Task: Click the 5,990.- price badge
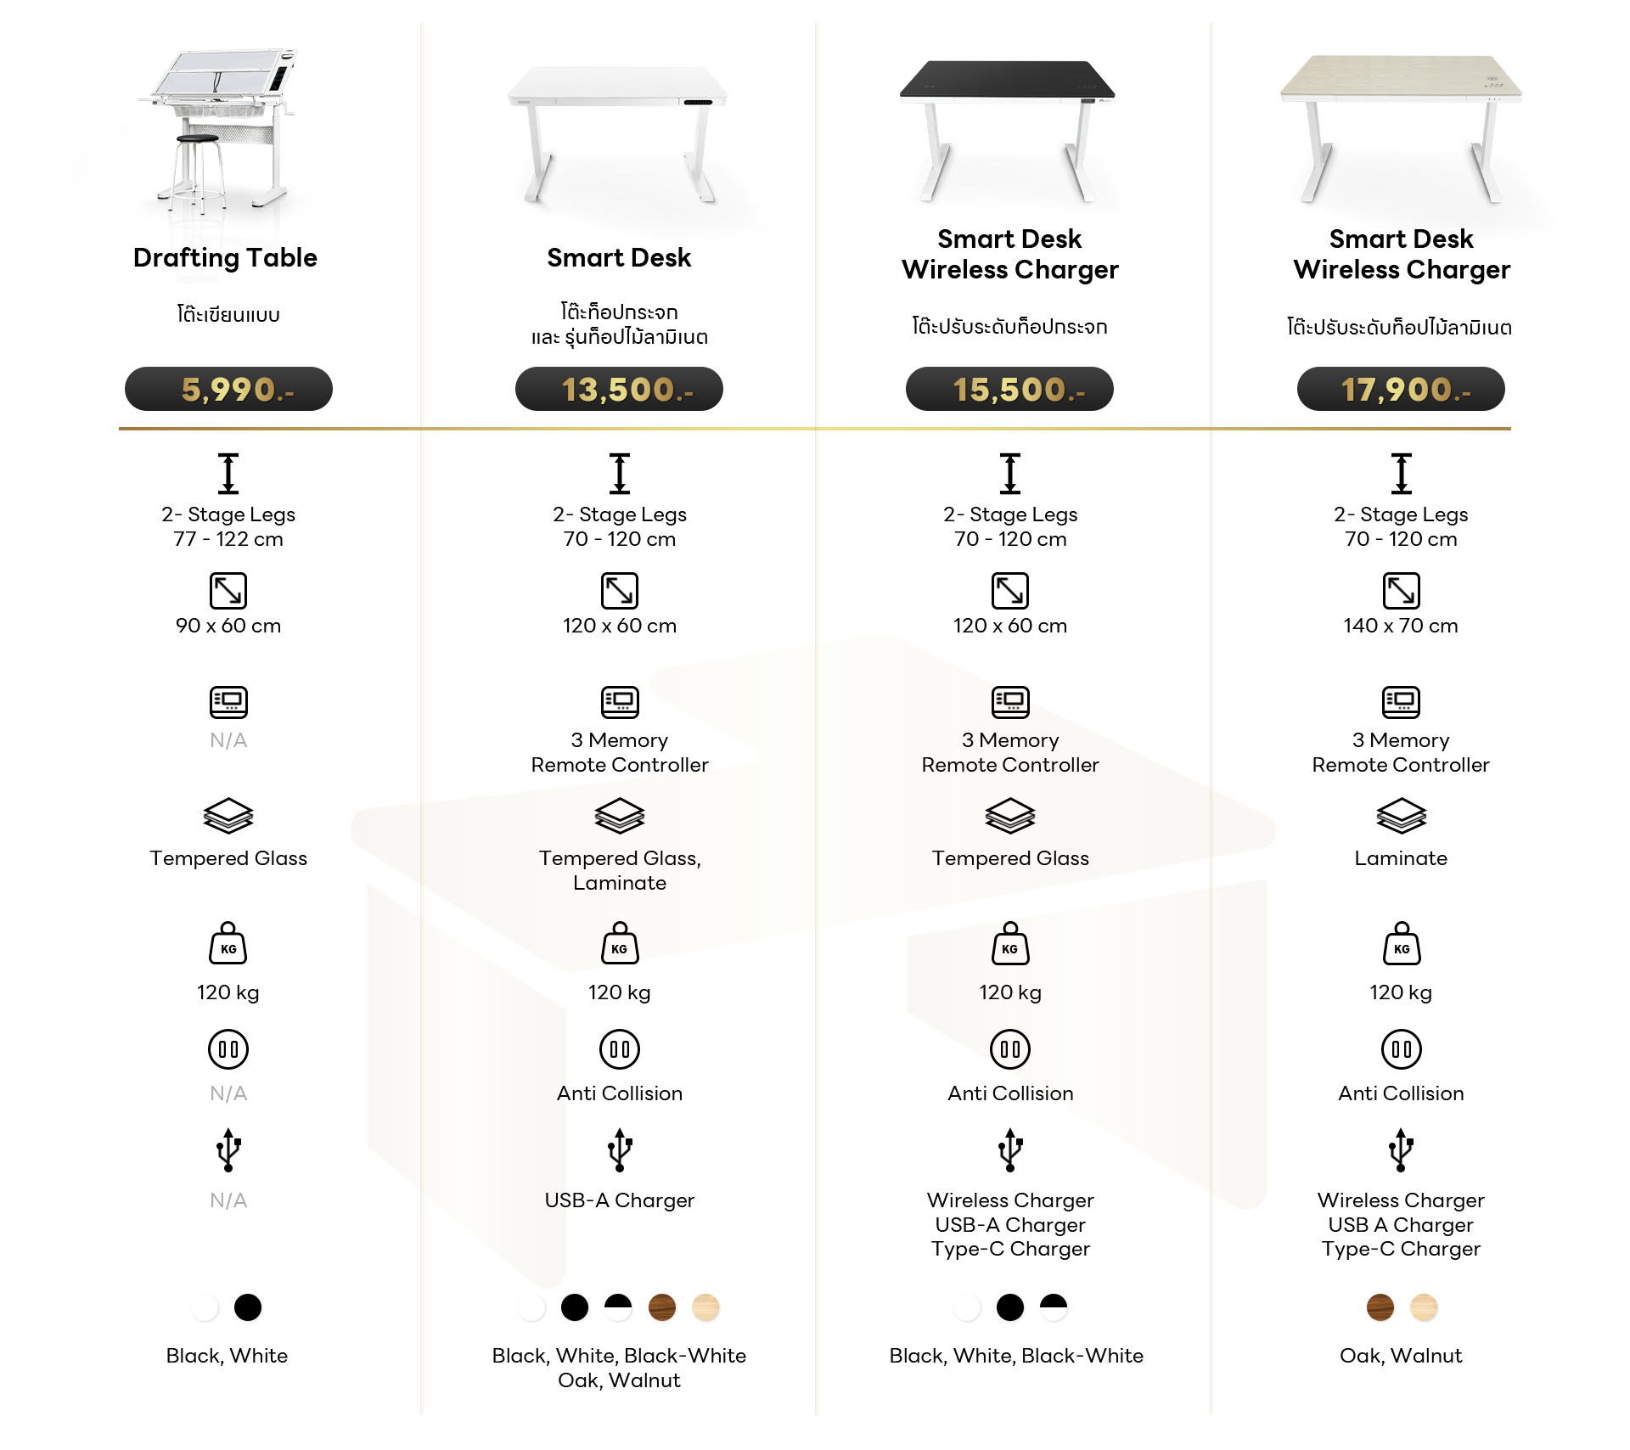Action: (x=228, y=389)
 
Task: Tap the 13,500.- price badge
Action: (x=619, y=389)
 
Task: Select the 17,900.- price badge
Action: (x=1401, y=389)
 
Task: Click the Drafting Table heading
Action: (x=225, y=258)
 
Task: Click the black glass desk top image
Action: (x=1008, y=79)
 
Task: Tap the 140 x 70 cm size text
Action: (x=1401, y=626)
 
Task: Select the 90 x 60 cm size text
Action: (x=228, y=626)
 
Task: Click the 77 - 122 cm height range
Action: (x=228, y=539)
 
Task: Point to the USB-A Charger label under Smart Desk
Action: (x=620, y=1200)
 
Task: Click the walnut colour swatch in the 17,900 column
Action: (x=1380, y=1307)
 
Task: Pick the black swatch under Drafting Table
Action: (x=248, y=1307)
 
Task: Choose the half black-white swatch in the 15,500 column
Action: (x=1054, y=1307)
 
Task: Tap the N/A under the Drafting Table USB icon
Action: (x=228, y=1200)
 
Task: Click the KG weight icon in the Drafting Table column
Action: (x=228, y=943)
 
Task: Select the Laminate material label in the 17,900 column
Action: (x=1401, y=858)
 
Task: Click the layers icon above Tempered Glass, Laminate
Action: (x=620, y=816)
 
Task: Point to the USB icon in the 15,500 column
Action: (x=1010, y=1150)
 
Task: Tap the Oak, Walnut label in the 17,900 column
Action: (x=1401, y=1356)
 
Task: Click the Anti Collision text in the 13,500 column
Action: (x=620, y=1093)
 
